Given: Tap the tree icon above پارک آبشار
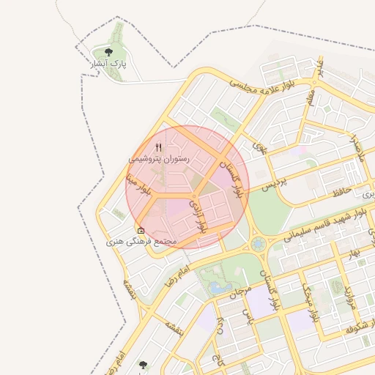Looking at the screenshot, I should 108,52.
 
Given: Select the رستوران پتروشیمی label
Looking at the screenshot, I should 159,158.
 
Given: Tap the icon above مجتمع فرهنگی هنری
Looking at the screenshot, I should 141,230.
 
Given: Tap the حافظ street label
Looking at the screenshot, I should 342,192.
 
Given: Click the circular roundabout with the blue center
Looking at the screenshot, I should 257,244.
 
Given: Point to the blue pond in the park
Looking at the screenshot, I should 218,287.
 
